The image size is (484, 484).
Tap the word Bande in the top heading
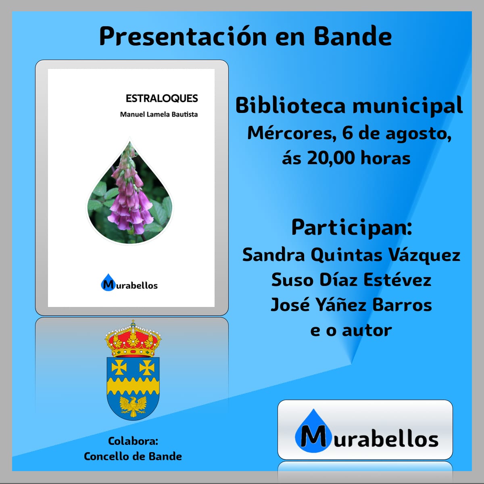(x=353, y=37)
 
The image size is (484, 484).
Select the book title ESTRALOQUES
(x=162, y=98)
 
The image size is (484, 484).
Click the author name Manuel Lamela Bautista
(x=159, y=115)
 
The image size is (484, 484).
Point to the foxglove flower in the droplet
(x=130, y=191)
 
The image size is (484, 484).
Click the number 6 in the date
(x=347, y=133)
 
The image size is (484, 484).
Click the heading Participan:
(x=352, y=228)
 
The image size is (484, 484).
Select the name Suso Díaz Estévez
(x=351, y=280)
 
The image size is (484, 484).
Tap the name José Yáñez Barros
(x=351, y=305)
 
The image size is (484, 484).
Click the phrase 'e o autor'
(x=351, y=331)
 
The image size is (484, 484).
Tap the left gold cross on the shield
(x=119, y=367)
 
